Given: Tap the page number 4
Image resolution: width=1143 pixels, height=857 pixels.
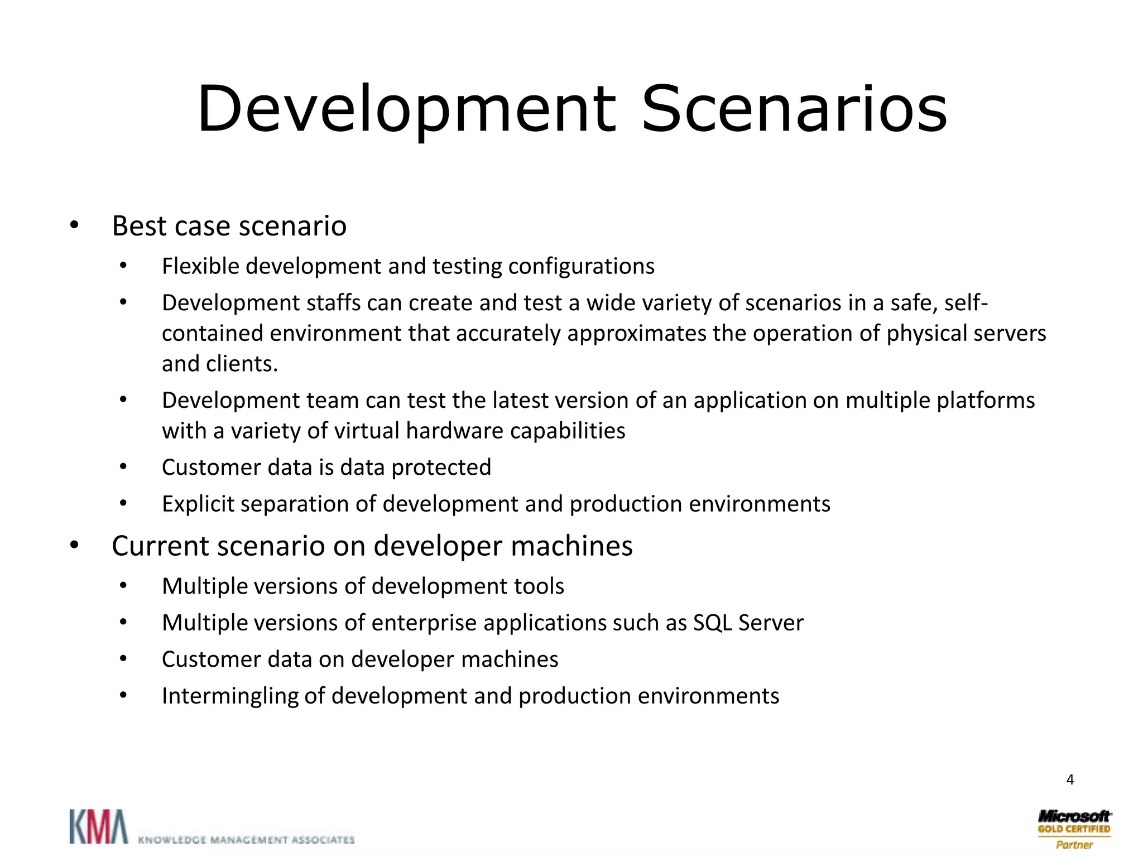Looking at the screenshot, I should [1070, 779].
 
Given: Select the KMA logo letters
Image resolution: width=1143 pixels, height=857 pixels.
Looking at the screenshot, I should [98, 826].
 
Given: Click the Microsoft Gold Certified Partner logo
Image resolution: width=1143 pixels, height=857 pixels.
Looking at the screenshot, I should [1074, 829].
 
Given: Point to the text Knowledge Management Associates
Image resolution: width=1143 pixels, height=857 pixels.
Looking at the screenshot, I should [246, 839].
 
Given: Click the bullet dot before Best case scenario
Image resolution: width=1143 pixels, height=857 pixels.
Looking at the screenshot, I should [74, 226].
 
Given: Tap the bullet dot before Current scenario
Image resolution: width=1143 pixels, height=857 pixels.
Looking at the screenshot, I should [74, 546].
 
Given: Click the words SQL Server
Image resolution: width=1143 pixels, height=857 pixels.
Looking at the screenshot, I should [748, 623].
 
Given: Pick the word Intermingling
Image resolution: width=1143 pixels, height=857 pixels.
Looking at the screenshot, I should [230, 696].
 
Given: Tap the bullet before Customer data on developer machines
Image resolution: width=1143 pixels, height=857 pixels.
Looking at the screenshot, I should [123, 659].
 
